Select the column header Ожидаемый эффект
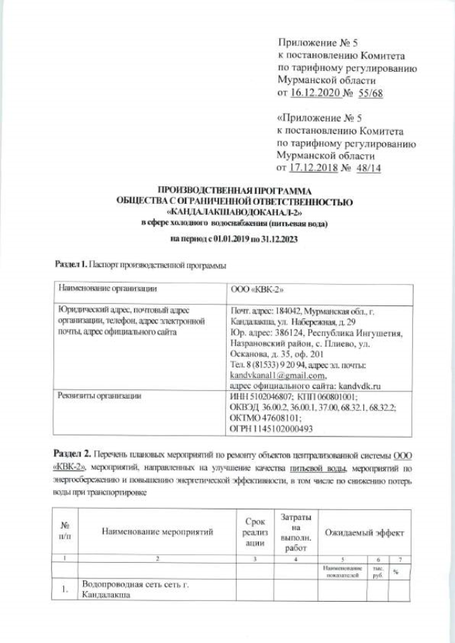(364, 531)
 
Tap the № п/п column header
(64, 531)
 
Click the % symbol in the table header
(397, 571)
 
